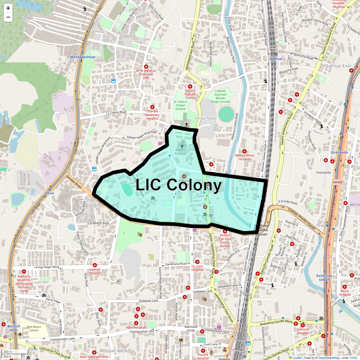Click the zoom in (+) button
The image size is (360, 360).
pos(8,8)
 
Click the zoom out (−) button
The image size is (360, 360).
pos(8,17)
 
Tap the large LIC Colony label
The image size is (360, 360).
pos(179,185)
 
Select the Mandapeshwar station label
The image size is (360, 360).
pos(83,57)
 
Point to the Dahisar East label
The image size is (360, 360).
pos(338,66)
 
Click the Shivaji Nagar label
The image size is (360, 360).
pos(205,118)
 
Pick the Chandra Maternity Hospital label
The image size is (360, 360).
pos(152,115)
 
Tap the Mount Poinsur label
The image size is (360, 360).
pos(180,152)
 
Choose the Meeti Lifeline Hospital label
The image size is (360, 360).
pos(244,157)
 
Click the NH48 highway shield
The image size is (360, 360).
pos(337,182)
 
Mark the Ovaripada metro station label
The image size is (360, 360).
pos(339,152)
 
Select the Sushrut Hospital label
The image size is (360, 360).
pos(95,271)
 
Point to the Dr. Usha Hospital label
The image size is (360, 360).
pos(197,268)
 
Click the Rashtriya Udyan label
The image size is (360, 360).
pos(324,277)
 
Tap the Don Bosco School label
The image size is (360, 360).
pos(34,328)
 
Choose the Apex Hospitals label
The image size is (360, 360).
pos(136,328)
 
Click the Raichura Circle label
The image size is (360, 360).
pos(191,328)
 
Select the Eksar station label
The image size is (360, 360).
pos(50,193)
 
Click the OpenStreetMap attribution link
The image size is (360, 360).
pos(329,358)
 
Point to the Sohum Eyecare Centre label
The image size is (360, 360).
pos(190,94)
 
